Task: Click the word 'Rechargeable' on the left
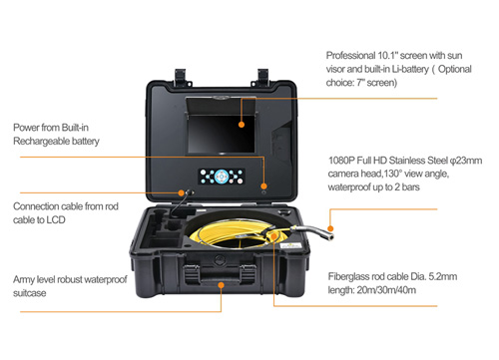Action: (45, 143)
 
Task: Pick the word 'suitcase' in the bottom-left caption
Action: (31, 295)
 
